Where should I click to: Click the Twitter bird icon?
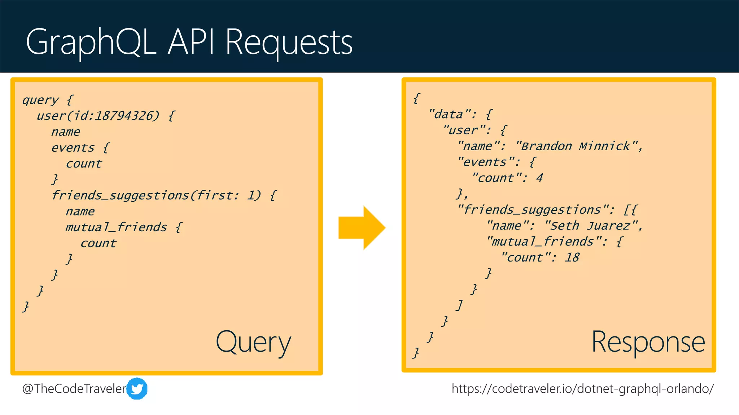(137, 388)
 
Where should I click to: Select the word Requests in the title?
(289, 43)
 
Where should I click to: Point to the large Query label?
(253, 342)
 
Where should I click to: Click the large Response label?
(648, 342)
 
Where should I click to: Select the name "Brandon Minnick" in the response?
(576, 146)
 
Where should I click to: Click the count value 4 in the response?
(539, 178)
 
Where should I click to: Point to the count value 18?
(572, 258)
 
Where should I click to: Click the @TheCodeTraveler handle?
(74, 389)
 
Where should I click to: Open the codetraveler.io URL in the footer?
(582, 389)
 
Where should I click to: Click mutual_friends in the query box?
(116, 227)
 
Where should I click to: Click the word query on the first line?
(40, 100)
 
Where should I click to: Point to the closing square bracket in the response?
(459, 305)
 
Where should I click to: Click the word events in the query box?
(73, 148)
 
